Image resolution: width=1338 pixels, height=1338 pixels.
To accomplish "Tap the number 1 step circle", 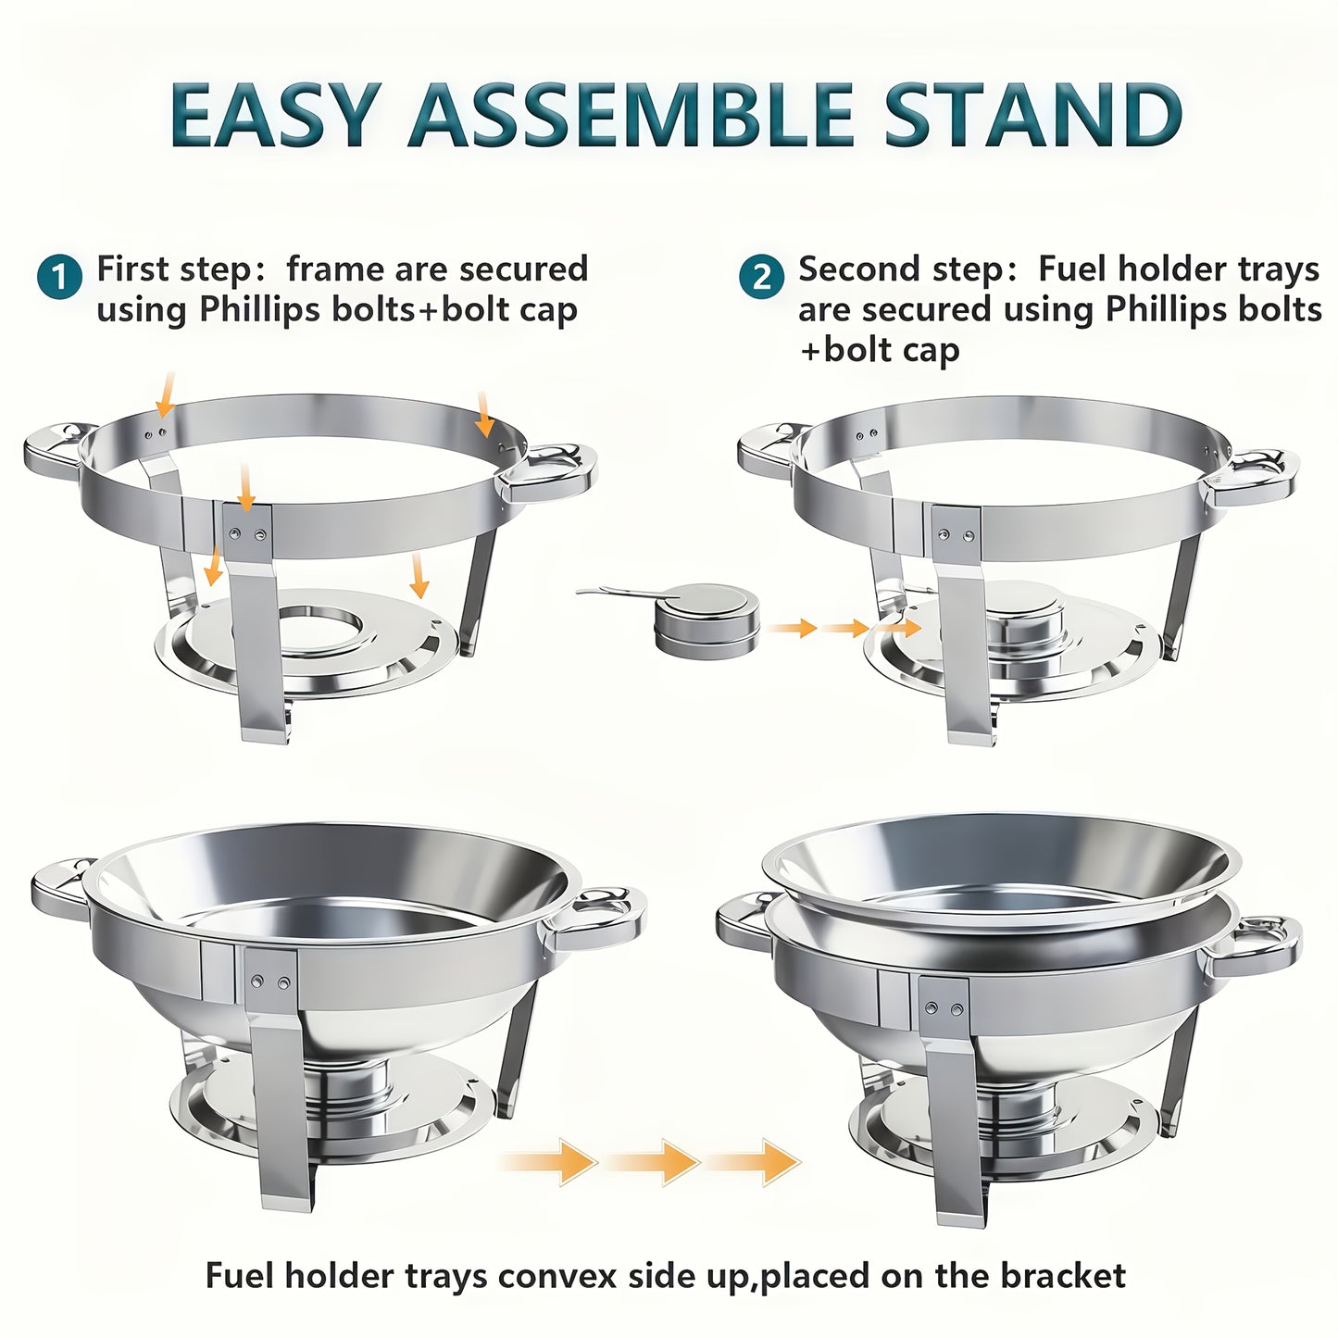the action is click(x=59, y=277).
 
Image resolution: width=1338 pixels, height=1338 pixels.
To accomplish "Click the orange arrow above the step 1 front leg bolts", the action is click(x=245, y=485).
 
